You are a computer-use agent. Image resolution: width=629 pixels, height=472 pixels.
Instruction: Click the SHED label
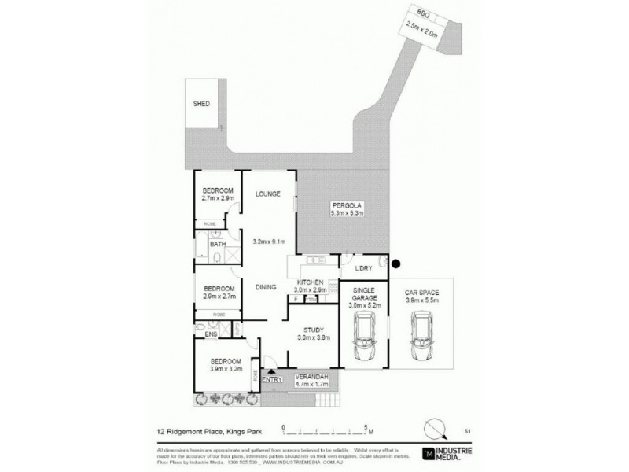pos(202,104)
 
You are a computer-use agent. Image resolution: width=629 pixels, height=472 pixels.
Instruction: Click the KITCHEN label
pos(311,282)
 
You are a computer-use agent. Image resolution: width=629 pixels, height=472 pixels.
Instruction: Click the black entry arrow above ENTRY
pos(271,371)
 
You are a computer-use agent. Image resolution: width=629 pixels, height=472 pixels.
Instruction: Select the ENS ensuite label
pos(211,335)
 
